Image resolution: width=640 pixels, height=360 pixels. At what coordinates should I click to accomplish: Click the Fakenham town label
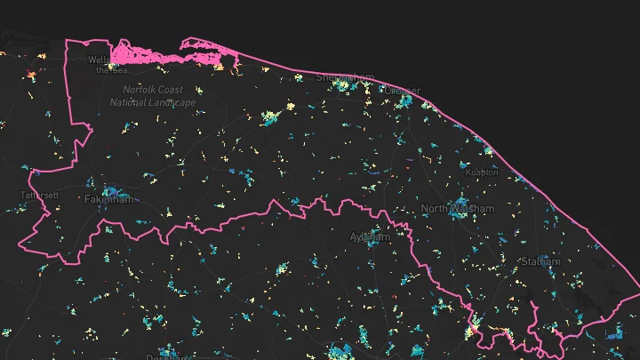(x=108, y=200)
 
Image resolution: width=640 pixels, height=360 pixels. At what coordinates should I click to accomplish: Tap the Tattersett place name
(x=40, y=195)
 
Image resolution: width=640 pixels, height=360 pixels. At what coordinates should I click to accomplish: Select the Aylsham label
(x=370, y=237)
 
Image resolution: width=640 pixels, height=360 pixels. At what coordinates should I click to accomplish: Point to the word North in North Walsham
(x=436, y=209)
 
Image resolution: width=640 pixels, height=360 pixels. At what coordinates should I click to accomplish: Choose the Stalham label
(x=541, y=261)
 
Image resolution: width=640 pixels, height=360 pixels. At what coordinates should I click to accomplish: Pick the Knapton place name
(x=482, y=172)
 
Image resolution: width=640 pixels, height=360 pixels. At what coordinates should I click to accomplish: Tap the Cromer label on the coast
(x=404, y=91)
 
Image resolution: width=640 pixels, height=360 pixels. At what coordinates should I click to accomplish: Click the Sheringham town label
(x=346, y=77)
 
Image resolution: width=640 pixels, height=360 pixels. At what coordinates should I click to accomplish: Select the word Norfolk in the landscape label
(x=140, y=90)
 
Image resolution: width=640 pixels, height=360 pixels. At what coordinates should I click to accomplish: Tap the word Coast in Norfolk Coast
(x=171, y=90)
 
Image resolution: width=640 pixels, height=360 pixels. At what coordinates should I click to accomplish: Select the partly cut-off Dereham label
(x=169, y=357)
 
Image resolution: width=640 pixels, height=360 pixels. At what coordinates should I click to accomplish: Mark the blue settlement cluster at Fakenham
(x=112, y=190)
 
